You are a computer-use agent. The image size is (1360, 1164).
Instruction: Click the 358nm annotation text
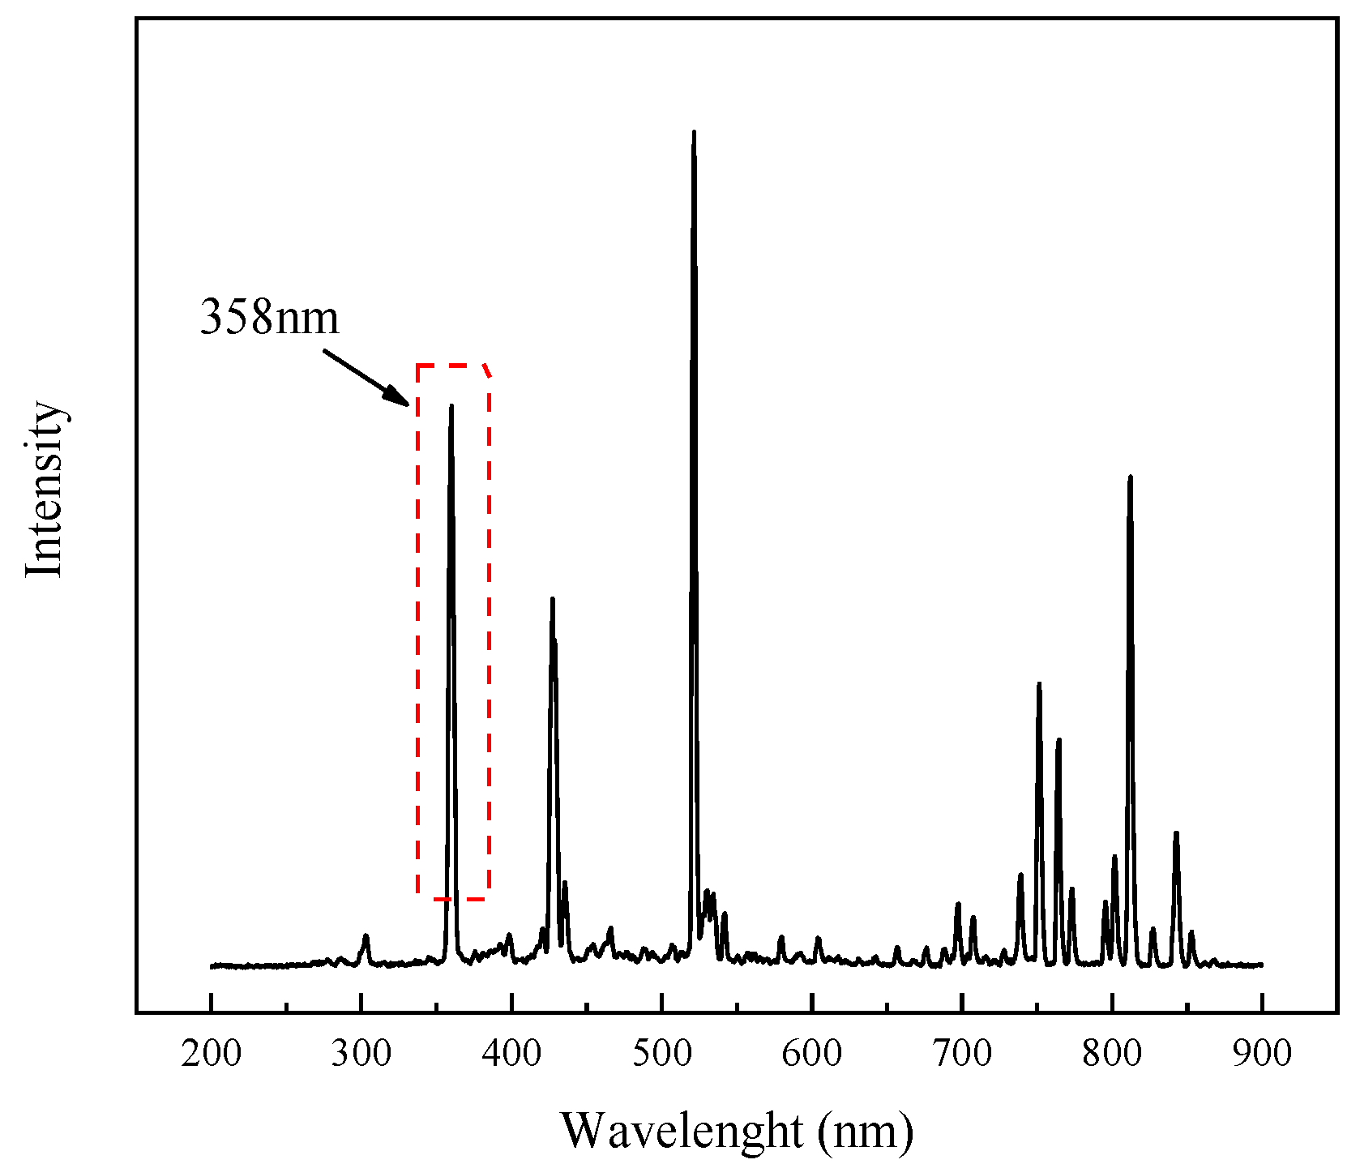(x=269, y=317)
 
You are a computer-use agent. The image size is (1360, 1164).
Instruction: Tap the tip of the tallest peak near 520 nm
(x=694, y=132)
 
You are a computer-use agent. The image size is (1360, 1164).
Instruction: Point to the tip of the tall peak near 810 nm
(x=1130, y=477)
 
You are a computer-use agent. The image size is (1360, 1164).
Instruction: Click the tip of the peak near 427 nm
(x=552, y=599)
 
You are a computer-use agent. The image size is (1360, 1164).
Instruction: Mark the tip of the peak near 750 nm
(x=1038, y=684)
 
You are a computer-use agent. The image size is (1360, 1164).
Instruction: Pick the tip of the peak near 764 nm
(x=1058, y=740)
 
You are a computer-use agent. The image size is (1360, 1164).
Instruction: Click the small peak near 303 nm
(x=366, y=936)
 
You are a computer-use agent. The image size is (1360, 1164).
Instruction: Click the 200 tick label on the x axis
(x=211, y=1053)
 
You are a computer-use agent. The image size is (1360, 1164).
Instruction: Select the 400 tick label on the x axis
(x=511, y=1053)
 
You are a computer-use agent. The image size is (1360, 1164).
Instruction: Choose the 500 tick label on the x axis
(x=661, y=1053)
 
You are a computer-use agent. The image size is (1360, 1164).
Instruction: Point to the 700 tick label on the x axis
(x=962, y=1053)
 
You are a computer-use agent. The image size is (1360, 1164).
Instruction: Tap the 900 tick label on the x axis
(x=1262, y=1053)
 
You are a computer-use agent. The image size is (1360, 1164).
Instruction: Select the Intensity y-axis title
(x=44, y=490)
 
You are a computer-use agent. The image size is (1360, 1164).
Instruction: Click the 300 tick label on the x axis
(x=361, y=1053)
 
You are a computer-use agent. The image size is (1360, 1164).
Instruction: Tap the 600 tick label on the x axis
(x=812, y=1053)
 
